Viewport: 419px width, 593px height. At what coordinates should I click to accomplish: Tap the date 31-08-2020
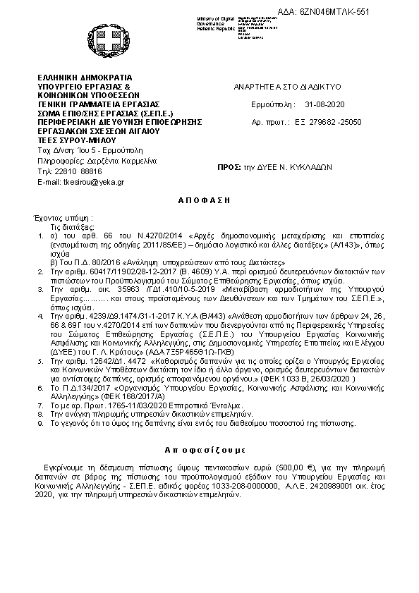click(323, 104)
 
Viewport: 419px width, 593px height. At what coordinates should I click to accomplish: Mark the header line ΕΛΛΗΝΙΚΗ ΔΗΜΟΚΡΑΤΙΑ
click(85, 77)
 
